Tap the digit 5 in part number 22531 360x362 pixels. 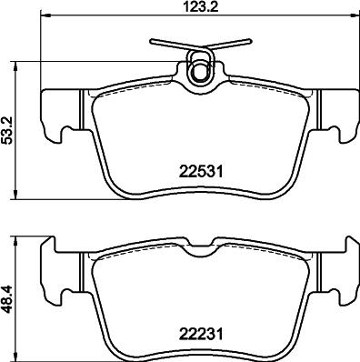point(192,170)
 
